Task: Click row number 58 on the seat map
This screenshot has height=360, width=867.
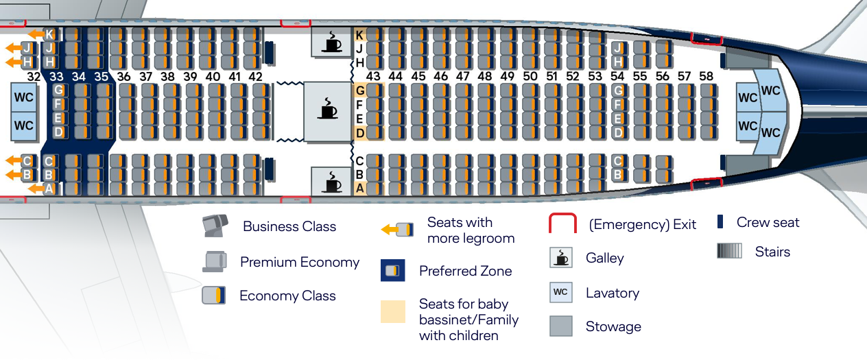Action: (x=706, y=76)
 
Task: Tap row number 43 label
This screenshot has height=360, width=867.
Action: (x=373, y=76)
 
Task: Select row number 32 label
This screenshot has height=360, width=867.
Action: (x=34, y=77)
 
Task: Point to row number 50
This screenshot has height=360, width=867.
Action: (x=530, y=76)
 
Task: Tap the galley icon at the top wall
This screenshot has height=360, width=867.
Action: (x=332, y=42)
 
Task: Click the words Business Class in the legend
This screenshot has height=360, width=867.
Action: (x=289, y=227)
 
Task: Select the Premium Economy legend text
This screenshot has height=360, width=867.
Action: (x=300, y=262)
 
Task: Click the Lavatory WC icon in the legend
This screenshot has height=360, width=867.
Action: (x=560, y=292)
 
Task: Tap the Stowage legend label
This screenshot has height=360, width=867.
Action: (x=613, y=326)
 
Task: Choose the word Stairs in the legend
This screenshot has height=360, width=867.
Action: (x=772, y=252)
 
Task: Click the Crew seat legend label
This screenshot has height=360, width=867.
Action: (x=768, y=222)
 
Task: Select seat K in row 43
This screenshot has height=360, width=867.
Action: (x=359, y=34)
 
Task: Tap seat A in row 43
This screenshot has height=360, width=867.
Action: (x=359, y=188)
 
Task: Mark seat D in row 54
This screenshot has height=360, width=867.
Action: (x=619, y=132)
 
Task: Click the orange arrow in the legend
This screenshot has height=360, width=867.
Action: (x=390, y=230)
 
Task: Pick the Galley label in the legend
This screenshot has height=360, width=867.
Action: (x=604, y=258)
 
